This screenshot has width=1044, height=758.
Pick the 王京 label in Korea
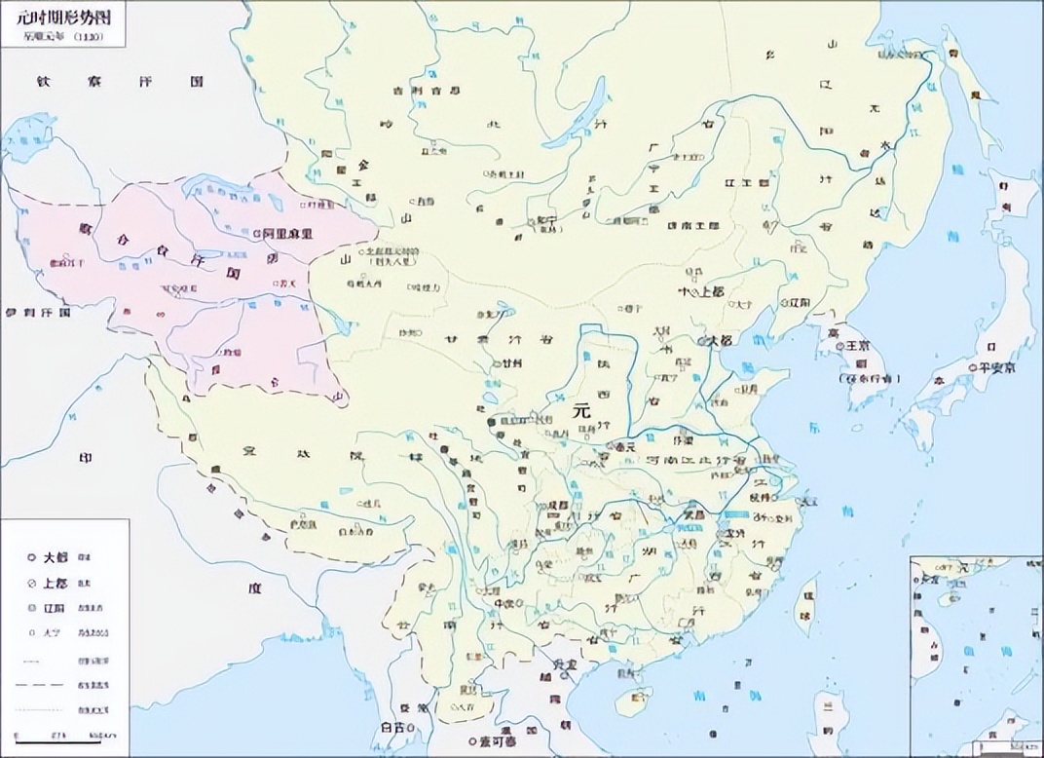(x=857, y=346)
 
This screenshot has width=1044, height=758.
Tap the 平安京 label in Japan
(x=997, y=367)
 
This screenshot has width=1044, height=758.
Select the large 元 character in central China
(x=582, y=411)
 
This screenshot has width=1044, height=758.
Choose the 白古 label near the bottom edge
(x=393, y=728)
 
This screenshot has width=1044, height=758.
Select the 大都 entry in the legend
(x=55, y=557)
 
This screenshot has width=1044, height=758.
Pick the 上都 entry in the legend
(x=55, y=582)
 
